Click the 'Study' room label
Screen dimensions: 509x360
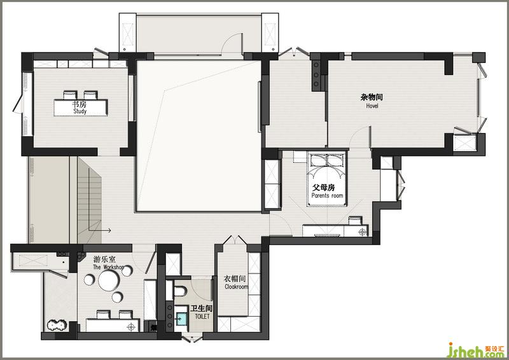(x=80, y=111)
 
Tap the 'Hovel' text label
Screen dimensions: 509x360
(x=372, y=106)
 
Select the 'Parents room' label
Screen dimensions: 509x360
(x=327, y=195)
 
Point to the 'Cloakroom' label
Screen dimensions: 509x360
(x=236, y=287)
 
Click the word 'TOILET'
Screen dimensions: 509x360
(x=202, y=316)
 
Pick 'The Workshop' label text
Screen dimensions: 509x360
(x=108, y=267)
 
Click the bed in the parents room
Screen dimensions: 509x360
(x=326, y=178)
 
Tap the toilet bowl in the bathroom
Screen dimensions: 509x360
(x=179, y=291)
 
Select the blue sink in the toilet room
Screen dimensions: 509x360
(x=181, y=319)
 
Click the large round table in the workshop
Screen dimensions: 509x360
(x=109, y=280)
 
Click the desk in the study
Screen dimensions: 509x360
(x=81, y=107)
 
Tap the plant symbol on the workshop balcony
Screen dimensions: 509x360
(x=57, y=325)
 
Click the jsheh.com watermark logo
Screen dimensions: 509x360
(x=476, y=350)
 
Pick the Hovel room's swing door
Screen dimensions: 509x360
(x=361, y=136)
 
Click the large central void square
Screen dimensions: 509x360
(x=199, y=136)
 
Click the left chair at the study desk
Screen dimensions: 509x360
(x=70, y=95)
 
